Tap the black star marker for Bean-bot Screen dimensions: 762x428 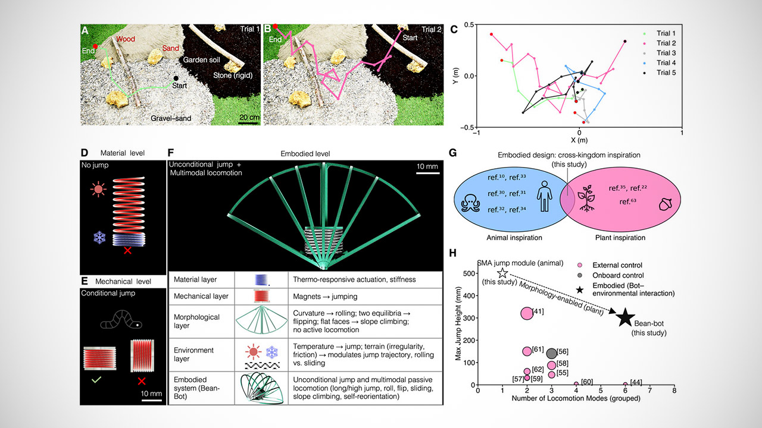(x=625, y=318)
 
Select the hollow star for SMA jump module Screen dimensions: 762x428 (x=502, y=273)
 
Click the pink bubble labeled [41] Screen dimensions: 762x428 (x=527, y=313)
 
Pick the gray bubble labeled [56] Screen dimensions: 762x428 (x=551, y=353)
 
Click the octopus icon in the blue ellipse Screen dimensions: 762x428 (x=470, y=203)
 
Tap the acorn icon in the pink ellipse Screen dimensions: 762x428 (x=666, y=204)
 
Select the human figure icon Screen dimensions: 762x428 (x=544, y=196)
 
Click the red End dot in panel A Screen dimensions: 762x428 (x=95, y=46)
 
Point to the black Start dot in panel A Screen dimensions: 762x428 (x=176, y=78)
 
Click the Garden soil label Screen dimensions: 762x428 (x=201, y=60)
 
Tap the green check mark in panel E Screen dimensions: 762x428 (x=96, y=379)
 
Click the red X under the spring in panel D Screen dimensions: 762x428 (x=127, y=251)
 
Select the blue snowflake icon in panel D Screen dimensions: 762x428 (x=99, y=237)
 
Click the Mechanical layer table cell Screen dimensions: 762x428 (x=201, y=296)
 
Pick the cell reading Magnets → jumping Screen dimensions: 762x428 (x=325, y=297)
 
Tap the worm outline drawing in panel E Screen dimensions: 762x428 (x=121, y=320)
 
